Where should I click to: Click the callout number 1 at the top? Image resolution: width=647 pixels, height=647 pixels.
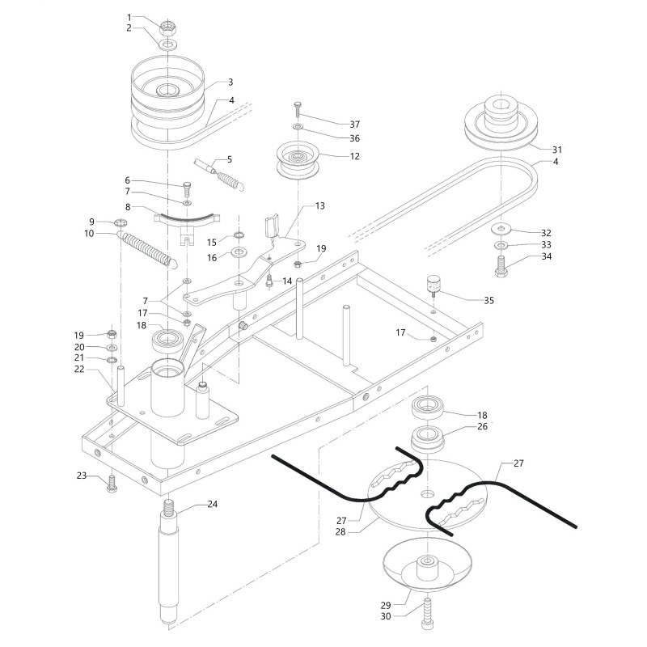coord(129,17)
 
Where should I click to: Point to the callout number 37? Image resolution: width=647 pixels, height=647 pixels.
coord(354,124)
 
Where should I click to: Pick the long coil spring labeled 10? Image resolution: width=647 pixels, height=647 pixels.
coord(147,246)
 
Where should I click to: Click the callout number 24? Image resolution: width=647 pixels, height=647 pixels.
coord(213,505)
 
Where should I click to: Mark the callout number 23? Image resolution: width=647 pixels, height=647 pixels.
coord(82,476)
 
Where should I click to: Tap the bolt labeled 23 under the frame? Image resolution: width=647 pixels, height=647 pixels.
coord(112,484)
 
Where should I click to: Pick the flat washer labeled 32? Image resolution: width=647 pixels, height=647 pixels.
coord(502,228)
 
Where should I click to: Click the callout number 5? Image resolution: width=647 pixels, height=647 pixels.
coord(229,159)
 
